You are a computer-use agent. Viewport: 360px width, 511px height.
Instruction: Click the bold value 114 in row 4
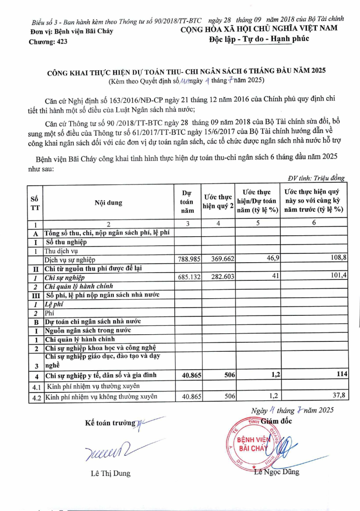[340, 375]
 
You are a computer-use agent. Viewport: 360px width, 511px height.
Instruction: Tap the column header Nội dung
[108, 203]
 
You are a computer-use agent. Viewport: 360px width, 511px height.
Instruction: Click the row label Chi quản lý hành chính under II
[78, 286]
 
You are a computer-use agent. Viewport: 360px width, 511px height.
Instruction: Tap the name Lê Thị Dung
[108, 473]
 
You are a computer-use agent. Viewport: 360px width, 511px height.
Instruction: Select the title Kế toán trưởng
[110, 423]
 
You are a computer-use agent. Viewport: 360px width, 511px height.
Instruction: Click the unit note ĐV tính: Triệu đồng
[316, 178]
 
